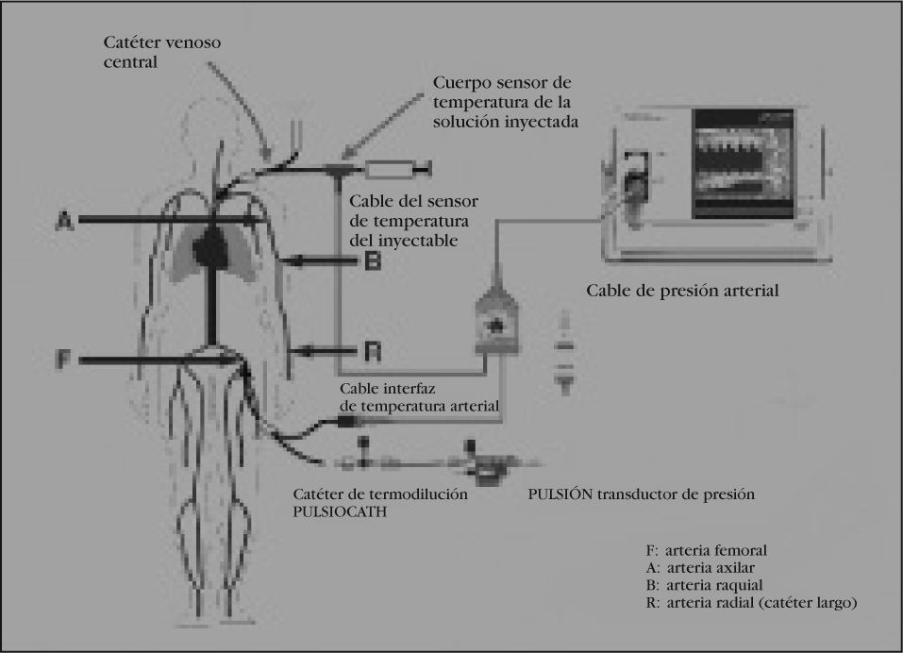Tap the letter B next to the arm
point(372,260)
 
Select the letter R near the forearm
point(372,352)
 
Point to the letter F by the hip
point(63,360)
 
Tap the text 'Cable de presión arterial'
point(682,291)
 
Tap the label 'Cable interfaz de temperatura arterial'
point(418,397)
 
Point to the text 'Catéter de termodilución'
point(381,494)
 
